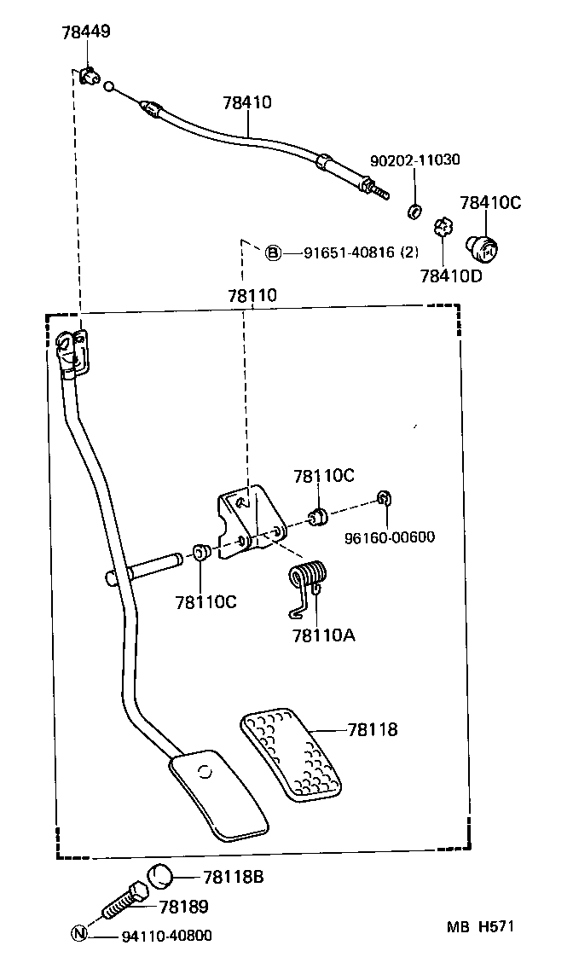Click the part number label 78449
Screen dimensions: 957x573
point(85,33)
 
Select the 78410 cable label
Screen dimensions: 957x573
point(247,103)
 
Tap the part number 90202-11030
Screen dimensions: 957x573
point(414,159)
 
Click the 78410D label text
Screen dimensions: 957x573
point(450,275)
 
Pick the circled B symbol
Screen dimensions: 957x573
point(272,252)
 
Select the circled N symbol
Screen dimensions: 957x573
point(78,934)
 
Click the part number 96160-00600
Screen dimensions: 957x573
point(390,537)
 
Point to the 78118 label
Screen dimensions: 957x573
point(373,730)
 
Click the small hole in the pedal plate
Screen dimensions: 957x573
point(203,773)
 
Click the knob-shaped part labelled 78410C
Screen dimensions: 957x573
point(483,247)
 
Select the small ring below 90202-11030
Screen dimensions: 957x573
point(414,211)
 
